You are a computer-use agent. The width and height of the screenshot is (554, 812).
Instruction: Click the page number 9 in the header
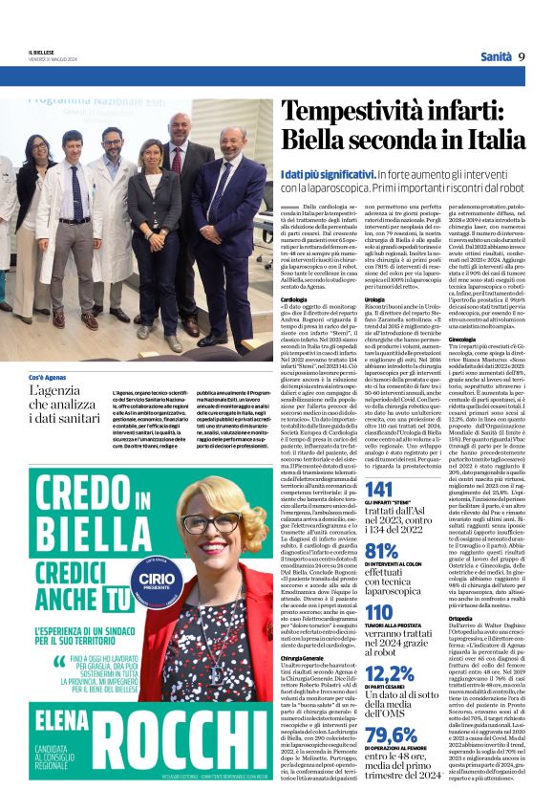(x=522, y=56)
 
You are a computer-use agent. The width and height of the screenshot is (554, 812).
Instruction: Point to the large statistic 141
(x=379, y=490)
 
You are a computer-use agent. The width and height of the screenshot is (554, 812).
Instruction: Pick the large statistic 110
(x=379, y=612)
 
